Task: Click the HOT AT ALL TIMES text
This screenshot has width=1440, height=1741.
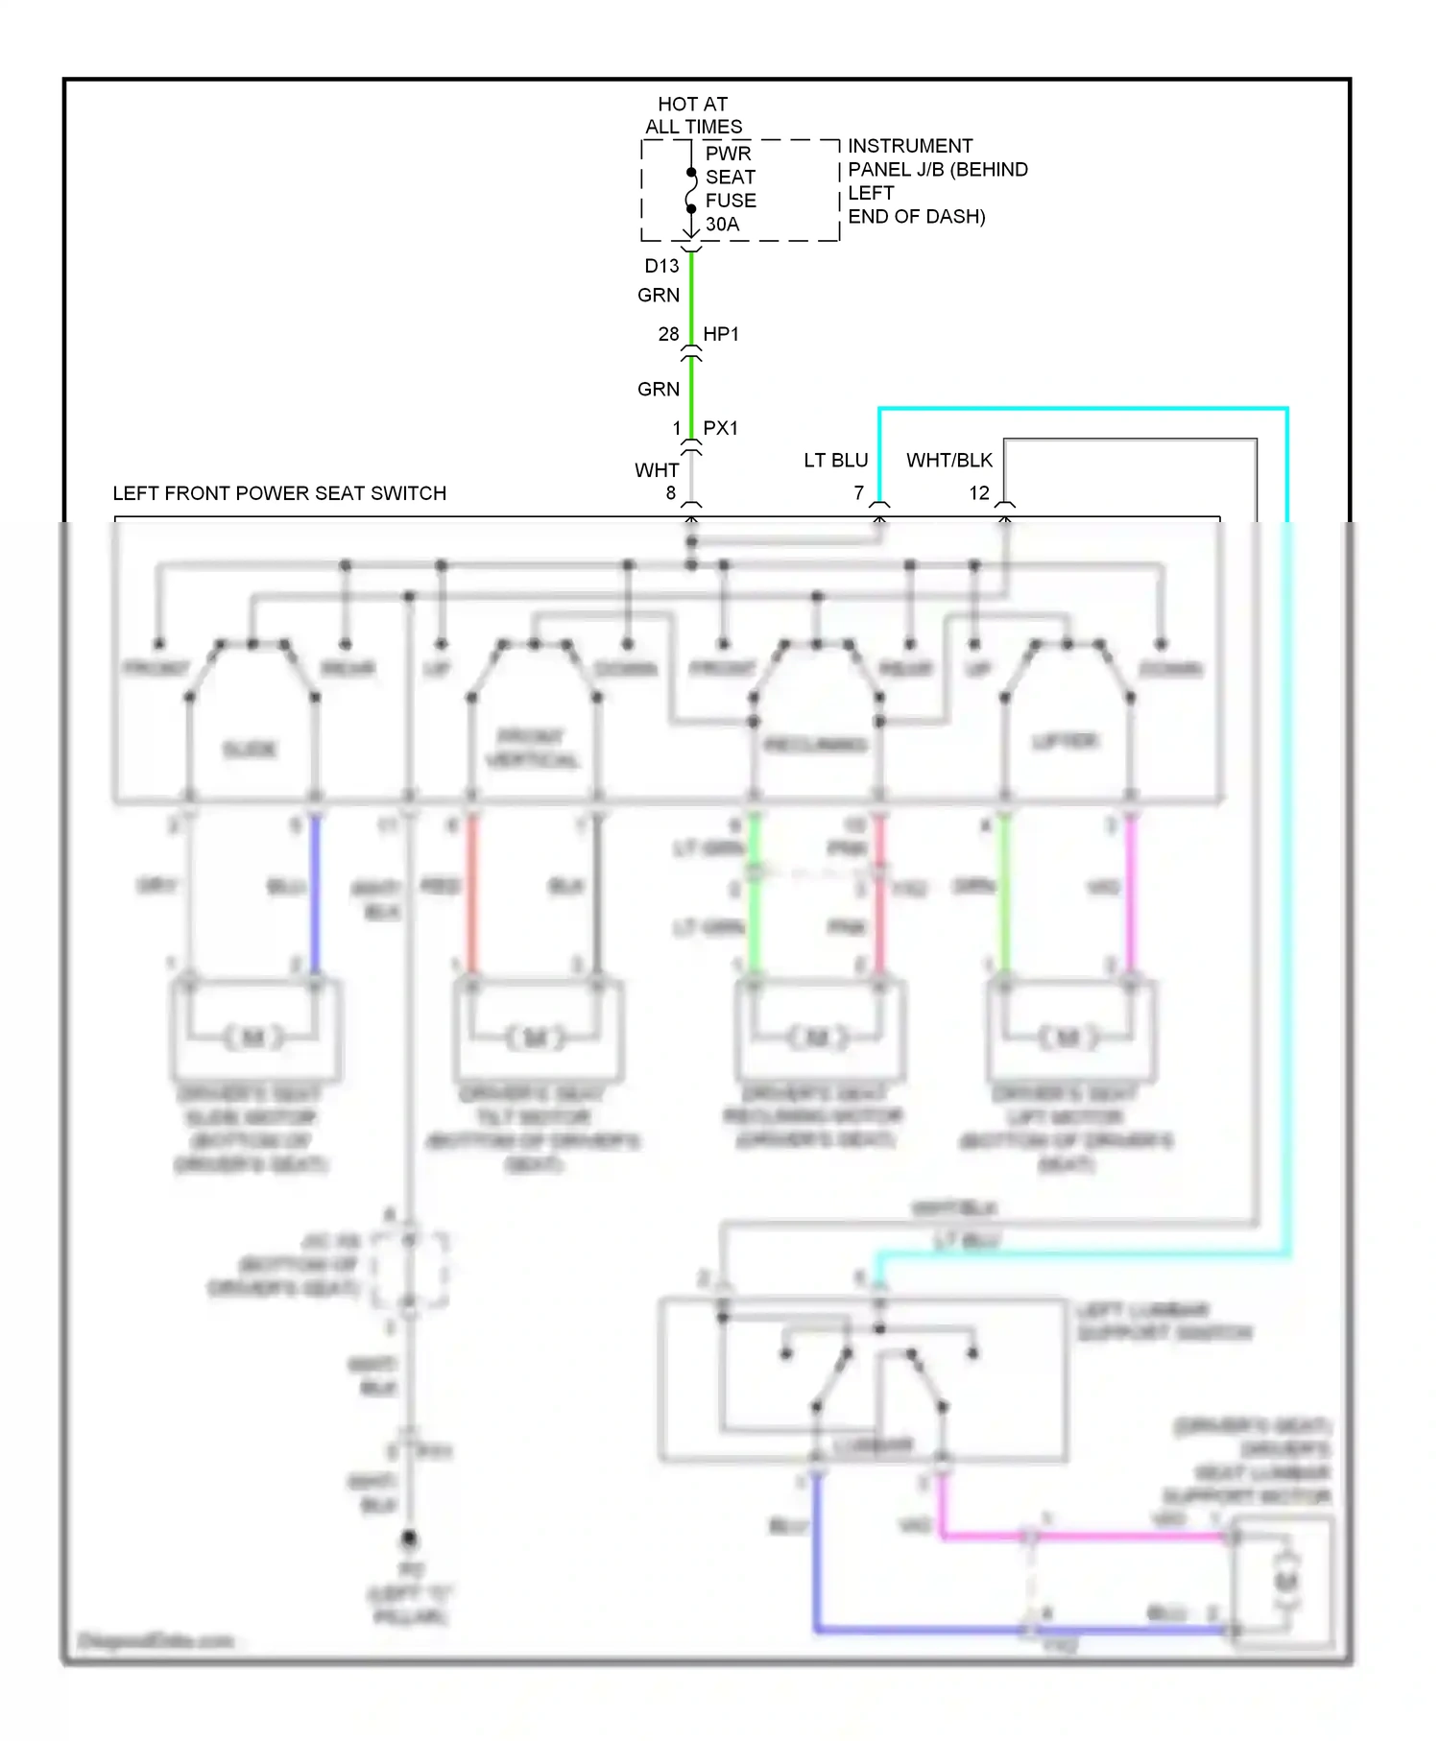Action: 693,115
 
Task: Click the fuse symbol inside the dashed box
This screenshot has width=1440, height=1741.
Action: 691,190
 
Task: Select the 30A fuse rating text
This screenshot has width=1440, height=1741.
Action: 722,225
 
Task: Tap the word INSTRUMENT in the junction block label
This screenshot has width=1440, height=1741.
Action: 910,146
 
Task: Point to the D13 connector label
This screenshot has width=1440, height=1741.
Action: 661,266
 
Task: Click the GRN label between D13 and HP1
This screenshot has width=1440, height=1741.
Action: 659,296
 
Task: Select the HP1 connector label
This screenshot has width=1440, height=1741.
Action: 721,334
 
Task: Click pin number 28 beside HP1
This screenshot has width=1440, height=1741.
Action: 668,334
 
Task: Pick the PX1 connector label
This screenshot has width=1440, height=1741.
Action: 721,428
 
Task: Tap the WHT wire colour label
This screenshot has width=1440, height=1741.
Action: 657,470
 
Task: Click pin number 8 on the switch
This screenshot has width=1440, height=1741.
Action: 671,493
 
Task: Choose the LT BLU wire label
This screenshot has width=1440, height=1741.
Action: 836,461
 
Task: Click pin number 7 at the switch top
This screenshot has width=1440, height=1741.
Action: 859,493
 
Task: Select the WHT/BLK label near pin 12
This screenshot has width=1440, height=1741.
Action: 949,461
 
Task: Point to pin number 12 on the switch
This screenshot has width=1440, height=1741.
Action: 979,493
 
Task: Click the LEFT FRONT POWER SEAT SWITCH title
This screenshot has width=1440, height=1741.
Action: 279,493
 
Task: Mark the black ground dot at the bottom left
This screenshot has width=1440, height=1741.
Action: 410,1538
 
